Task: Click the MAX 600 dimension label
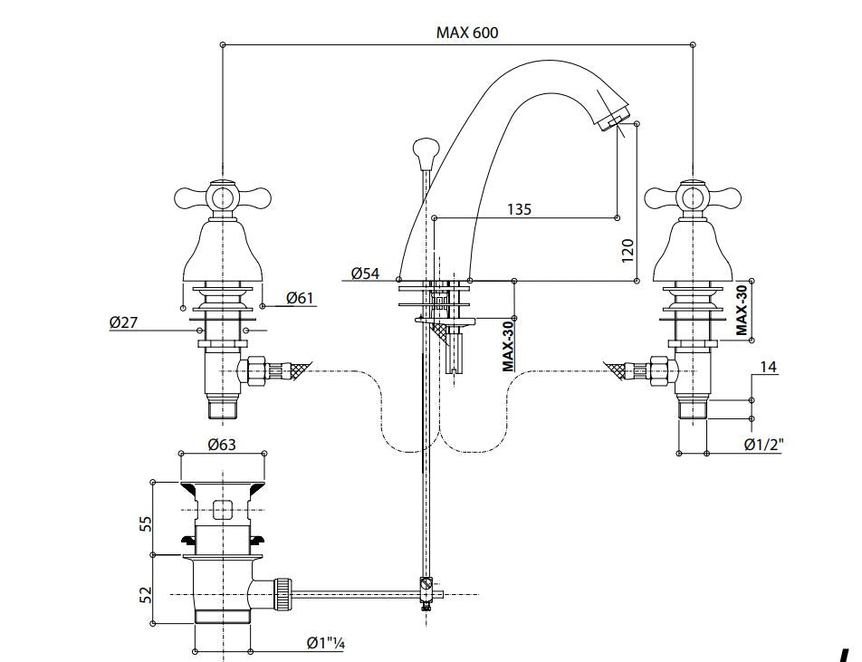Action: [x=466, y=33]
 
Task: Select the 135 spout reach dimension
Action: [x=519, y=209]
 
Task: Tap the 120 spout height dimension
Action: [x=627, y=250]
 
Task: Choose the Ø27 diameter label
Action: [x=123, y=321]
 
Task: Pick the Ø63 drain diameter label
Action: [x=222, y=445]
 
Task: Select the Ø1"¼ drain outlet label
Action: [x=325, y=643]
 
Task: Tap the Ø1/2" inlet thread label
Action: [x=763, y=444]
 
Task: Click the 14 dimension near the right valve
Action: [x=769, y=368]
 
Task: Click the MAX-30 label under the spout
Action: [x=508, y=345]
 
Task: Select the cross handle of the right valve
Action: [x=693, y=196]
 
